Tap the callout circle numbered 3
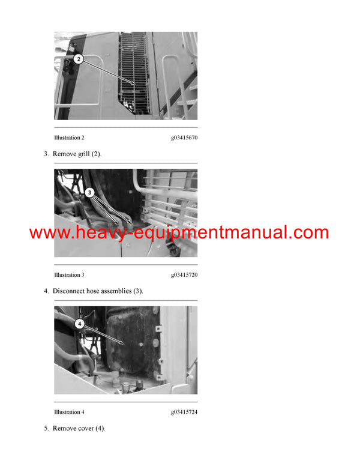(89, 193)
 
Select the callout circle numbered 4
(79, 323)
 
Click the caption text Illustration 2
(69, 138)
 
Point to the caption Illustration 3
(69, 275)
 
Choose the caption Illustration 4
(69, 412)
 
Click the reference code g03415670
(184, 138)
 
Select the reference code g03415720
(184, 275)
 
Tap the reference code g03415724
(184, 412)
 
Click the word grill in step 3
(83, 154)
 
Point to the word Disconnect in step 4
(70, 291)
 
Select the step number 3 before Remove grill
(46, 154)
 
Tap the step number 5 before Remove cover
(46, 429)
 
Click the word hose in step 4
(98, 291)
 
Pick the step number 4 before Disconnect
(46, 291)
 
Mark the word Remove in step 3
(64, 154)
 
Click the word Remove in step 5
(64, 429)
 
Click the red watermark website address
(179, 233)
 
